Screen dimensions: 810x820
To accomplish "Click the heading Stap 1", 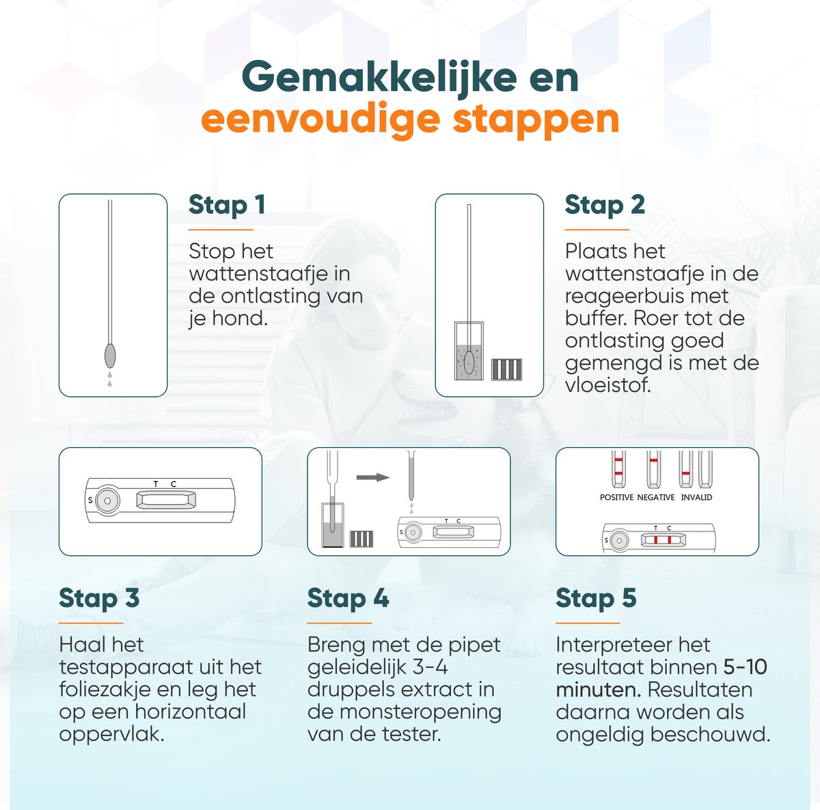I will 226,205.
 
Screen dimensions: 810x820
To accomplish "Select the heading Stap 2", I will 604,205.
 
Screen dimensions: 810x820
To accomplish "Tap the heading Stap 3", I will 99,598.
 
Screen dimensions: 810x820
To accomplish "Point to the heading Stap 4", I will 348,598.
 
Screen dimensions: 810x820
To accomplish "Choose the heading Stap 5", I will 596,598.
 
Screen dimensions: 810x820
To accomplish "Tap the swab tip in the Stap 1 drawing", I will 109,356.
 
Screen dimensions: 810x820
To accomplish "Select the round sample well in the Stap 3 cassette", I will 107,501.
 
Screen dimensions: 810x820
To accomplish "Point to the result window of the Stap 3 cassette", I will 166,501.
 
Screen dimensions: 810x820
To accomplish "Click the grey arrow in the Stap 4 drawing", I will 373,477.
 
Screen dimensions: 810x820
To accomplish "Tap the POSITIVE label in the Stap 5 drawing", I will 616,497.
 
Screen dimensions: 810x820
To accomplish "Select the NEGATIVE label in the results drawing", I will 655,497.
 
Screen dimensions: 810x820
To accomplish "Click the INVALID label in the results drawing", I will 696,497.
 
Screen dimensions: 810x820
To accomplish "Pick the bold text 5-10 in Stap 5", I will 745,667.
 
